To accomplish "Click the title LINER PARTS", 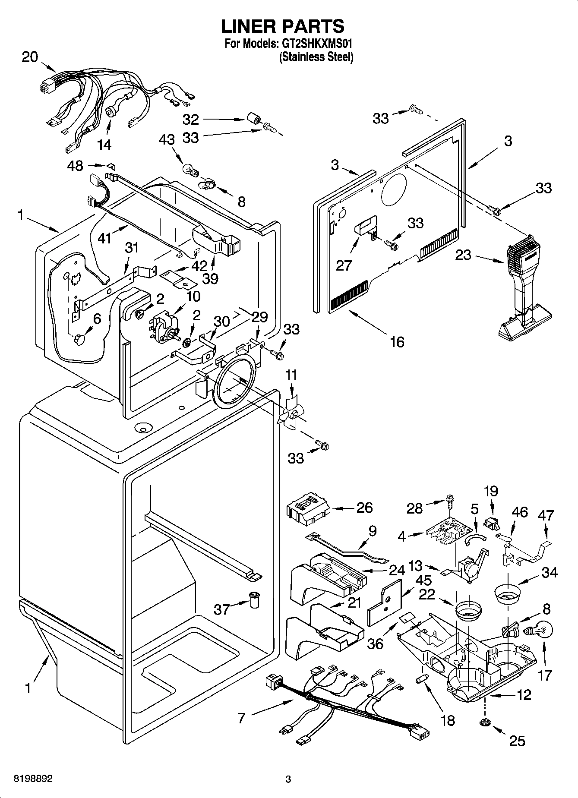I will point(283,27).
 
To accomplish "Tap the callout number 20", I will point(30,57).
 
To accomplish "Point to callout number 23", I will point(463,255).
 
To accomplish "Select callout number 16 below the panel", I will point(397,342).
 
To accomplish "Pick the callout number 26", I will point(364,508).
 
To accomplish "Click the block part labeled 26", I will point(307,510).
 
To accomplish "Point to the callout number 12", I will point(524,695).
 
